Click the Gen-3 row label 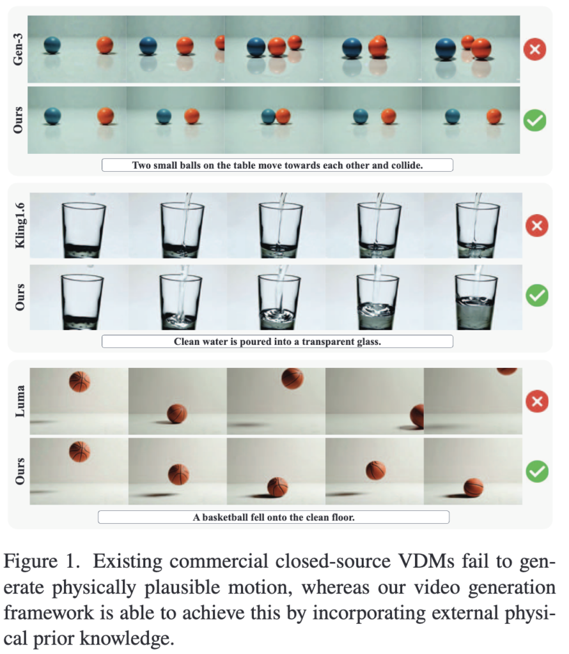17,49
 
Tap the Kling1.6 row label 20,225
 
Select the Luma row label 20,401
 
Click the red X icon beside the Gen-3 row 534,49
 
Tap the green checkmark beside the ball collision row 534,121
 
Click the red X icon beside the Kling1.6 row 537,225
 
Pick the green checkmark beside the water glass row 537,296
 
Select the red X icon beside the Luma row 537,401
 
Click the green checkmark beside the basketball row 537,472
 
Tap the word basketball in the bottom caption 224,517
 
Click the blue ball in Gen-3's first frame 52,45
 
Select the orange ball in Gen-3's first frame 105,45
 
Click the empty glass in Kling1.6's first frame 84,230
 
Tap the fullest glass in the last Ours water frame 476,301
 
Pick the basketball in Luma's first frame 79,382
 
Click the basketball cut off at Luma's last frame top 507,371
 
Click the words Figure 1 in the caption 42,561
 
